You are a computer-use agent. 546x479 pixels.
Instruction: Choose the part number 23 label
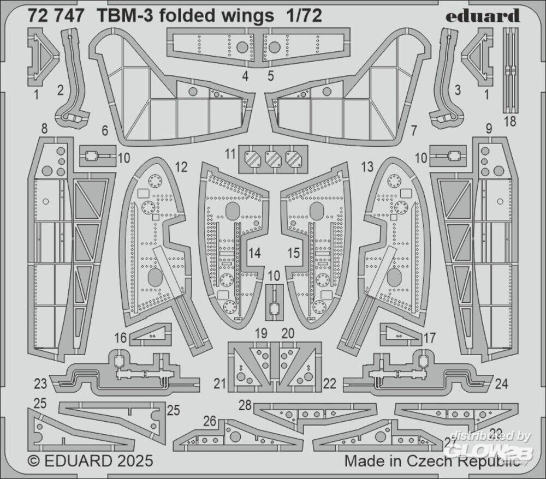pyautogui.click(x=40, y=384)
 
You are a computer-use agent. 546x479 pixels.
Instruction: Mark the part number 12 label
pyautogui.click(x=182, y=166)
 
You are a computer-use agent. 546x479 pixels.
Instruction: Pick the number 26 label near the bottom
pyautogui.click(x=210, y=421)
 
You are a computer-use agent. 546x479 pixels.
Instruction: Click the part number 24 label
pyautogui.click(x=503, y=384)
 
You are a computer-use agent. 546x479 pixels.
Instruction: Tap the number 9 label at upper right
pyautogui.click(x=489, y=129)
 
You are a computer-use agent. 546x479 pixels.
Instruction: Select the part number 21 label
pyautogui.click(x=219, y=385)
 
